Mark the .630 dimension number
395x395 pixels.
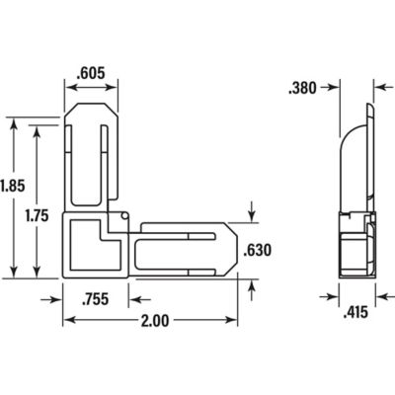[x=257, y=248]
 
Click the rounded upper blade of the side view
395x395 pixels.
[x=353, y=158]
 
